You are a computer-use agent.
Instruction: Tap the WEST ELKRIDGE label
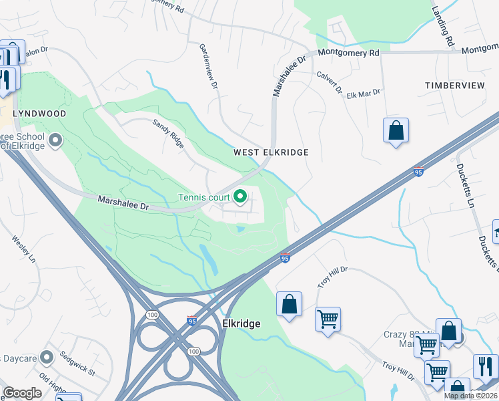click(271, 152)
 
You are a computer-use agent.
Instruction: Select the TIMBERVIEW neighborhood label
click(455, 86)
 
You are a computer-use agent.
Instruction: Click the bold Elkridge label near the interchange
click(241, 323)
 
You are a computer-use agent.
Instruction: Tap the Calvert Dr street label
click(329, 82)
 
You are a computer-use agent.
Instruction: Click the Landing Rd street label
click(442, 26)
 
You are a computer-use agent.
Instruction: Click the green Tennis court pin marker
click(241, 196)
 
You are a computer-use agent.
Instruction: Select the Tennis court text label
click(203, 197)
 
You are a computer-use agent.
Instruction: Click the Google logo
click(22, 393)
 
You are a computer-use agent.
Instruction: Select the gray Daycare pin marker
click(47, 356)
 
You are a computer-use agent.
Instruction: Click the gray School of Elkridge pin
click(55, 140)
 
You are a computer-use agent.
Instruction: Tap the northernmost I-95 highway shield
click(419, 171)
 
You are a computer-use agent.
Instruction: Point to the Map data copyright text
click(471, 396)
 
